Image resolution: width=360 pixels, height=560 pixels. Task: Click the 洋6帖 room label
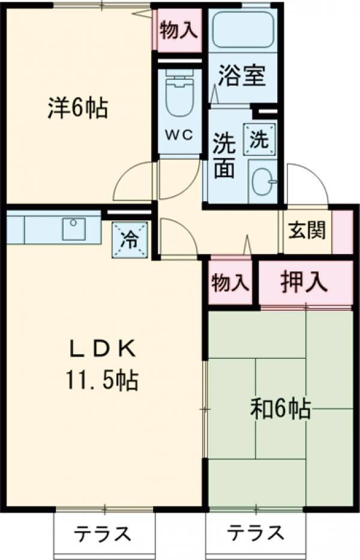pyautogui.click(x=78, y=109)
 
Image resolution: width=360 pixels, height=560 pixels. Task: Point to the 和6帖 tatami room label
pyautogui.click(x=280, y=409)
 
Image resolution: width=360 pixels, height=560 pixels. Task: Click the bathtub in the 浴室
pyautogui.click(x=243, y=29)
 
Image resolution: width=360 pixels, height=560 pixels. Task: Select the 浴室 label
pyautogui.click(x=242, y=76)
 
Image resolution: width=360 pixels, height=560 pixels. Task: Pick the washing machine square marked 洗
pyautogui.click(x=260, y=139)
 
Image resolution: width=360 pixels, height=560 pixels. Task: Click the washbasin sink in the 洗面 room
pyautogui.click(x=263, y=181)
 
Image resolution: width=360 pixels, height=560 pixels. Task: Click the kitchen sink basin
pyautogui.click(x=74, y=229)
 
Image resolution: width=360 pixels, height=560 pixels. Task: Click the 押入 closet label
pyautogui.click(x=304, y=282)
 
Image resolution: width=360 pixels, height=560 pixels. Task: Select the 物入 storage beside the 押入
pyautogui.click(x=230, y=282)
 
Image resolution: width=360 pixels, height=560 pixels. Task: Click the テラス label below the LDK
pyautogui.click(x=103, y=534)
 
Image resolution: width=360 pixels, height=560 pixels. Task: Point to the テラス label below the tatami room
pyautogui.click(x=256, y=533)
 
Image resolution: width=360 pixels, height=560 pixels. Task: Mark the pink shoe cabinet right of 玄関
pyautogui.click(x=343, y=232)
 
